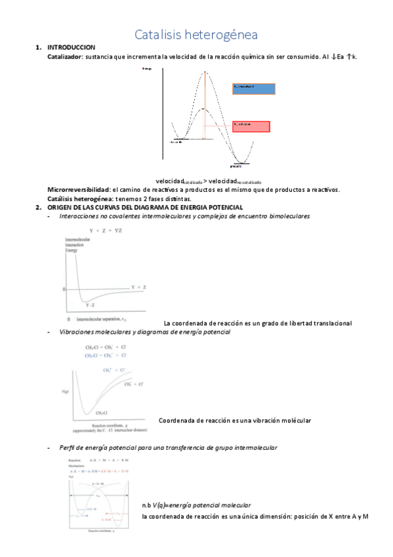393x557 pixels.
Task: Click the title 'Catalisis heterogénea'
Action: pos(196,33)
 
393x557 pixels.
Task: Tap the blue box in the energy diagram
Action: pos(254,89)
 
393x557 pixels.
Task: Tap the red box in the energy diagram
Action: pos(251,127)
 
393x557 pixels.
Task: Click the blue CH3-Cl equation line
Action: pos(105,355)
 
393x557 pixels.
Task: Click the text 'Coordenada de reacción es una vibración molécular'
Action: pos(234,420)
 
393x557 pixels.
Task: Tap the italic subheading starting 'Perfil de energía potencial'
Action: pos(167,447)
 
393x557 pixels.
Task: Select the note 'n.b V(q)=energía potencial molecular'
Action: pos(196,505)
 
